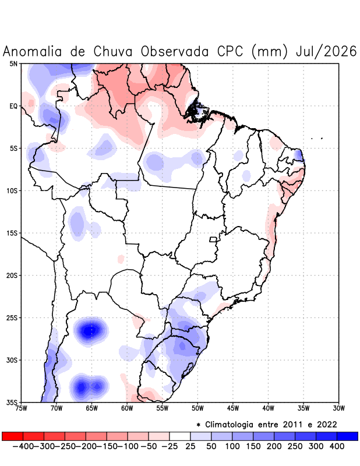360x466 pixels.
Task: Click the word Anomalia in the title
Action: [32, 51]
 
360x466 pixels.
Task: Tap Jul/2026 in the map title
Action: [326, 51]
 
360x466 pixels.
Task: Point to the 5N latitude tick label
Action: [13, 63]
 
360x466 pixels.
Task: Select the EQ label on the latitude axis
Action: [13, 106]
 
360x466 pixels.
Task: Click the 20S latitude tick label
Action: [12, 276]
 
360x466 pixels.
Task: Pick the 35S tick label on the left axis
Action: [12, 403]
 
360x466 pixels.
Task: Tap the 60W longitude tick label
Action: [127, 408]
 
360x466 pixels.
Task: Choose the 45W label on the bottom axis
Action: [233, 408]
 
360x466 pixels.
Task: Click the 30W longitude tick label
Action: [339, 408]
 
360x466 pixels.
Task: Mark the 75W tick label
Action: [21, 408]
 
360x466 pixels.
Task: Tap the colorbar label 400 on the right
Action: [337, 446]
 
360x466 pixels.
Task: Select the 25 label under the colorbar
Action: [190, 446]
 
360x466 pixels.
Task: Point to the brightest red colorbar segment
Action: [12, 436]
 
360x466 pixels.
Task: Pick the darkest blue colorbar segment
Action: [348, 436]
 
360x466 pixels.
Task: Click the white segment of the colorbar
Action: [180, 436]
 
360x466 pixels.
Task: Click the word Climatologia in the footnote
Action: [229, 425]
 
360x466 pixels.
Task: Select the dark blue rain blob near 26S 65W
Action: [90, 330]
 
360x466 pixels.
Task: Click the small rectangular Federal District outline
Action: [213, 239]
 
